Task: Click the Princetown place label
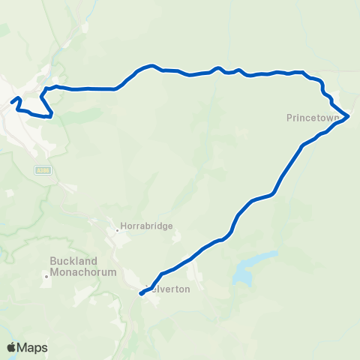pyautogui.click(x=313, y=118)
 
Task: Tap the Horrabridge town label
pyautogui.click(x=146, y=225)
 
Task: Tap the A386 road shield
pyautogui.click(x=42, y=171)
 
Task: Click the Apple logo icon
pyautogui.click(x=12, y=347)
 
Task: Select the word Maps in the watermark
pyautogui.click(x=32, y=347)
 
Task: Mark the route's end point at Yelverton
pyautogui.click(x=141, y=294)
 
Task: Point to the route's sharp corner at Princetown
pyautogui.click(x=349, y=116)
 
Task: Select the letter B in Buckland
pyautogui.click(x=52, y=261)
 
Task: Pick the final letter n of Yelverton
pyautogui.click(x=187, y=289)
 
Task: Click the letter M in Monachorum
pyautogui.click(x=54, y=272)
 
